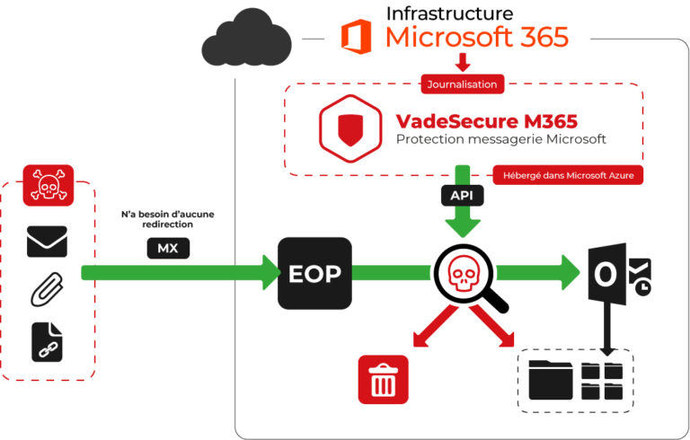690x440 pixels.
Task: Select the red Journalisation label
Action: point(463,84)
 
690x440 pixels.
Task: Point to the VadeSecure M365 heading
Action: point(486,120)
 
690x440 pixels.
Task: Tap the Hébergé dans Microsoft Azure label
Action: point(568,176)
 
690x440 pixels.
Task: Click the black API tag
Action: point(463,193)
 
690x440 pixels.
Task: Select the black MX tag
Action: point(168,249)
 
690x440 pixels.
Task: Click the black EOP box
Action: point(314,273)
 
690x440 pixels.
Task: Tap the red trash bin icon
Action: point(383,379)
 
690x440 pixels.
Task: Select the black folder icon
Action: point(550,380)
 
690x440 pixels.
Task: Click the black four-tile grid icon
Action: point(603,380)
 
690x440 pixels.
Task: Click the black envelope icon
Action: point(47,242)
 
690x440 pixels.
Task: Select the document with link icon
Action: point(47,342)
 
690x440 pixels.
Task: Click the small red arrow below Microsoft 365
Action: point(463,63)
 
